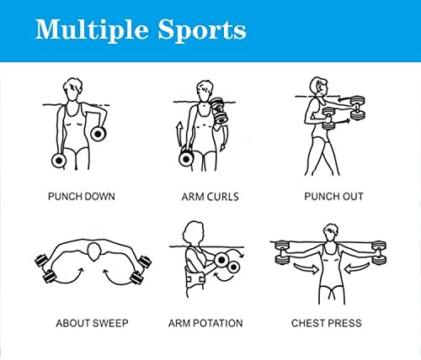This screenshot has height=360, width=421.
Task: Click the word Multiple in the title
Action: pos(92,30)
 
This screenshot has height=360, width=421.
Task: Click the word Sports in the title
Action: pos(202,30)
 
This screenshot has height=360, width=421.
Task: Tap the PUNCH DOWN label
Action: pos(82,196)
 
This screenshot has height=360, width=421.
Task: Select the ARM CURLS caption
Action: pos(210,197)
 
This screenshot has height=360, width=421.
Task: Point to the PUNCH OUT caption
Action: pos(333,196)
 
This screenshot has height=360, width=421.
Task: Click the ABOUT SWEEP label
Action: pos(92,323)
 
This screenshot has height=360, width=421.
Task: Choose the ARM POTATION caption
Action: pos(205,323)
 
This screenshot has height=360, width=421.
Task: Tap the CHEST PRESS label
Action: pos(327,323)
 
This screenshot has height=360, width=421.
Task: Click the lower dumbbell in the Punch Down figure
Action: pos(59,161)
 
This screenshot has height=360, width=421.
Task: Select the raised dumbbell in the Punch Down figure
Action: pos(98,134)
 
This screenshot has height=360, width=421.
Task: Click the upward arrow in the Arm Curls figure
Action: pos(179,135)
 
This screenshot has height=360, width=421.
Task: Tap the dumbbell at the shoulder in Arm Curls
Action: pos(220,110)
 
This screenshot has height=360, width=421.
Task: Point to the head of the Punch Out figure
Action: pos(319,87)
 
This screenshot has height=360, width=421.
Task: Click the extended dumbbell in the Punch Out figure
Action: pos(357,108)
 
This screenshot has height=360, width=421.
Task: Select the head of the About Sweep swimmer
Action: pos(93,252)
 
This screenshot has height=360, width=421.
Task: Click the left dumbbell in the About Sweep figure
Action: pos(45,267)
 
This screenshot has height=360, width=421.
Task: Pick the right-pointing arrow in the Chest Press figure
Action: pos(306,269)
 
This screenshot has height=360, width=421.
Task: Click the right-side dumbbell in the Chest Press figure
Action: pos(379,252)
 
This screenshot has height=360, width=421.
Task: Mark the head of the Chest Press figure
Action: pos(332,232)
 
